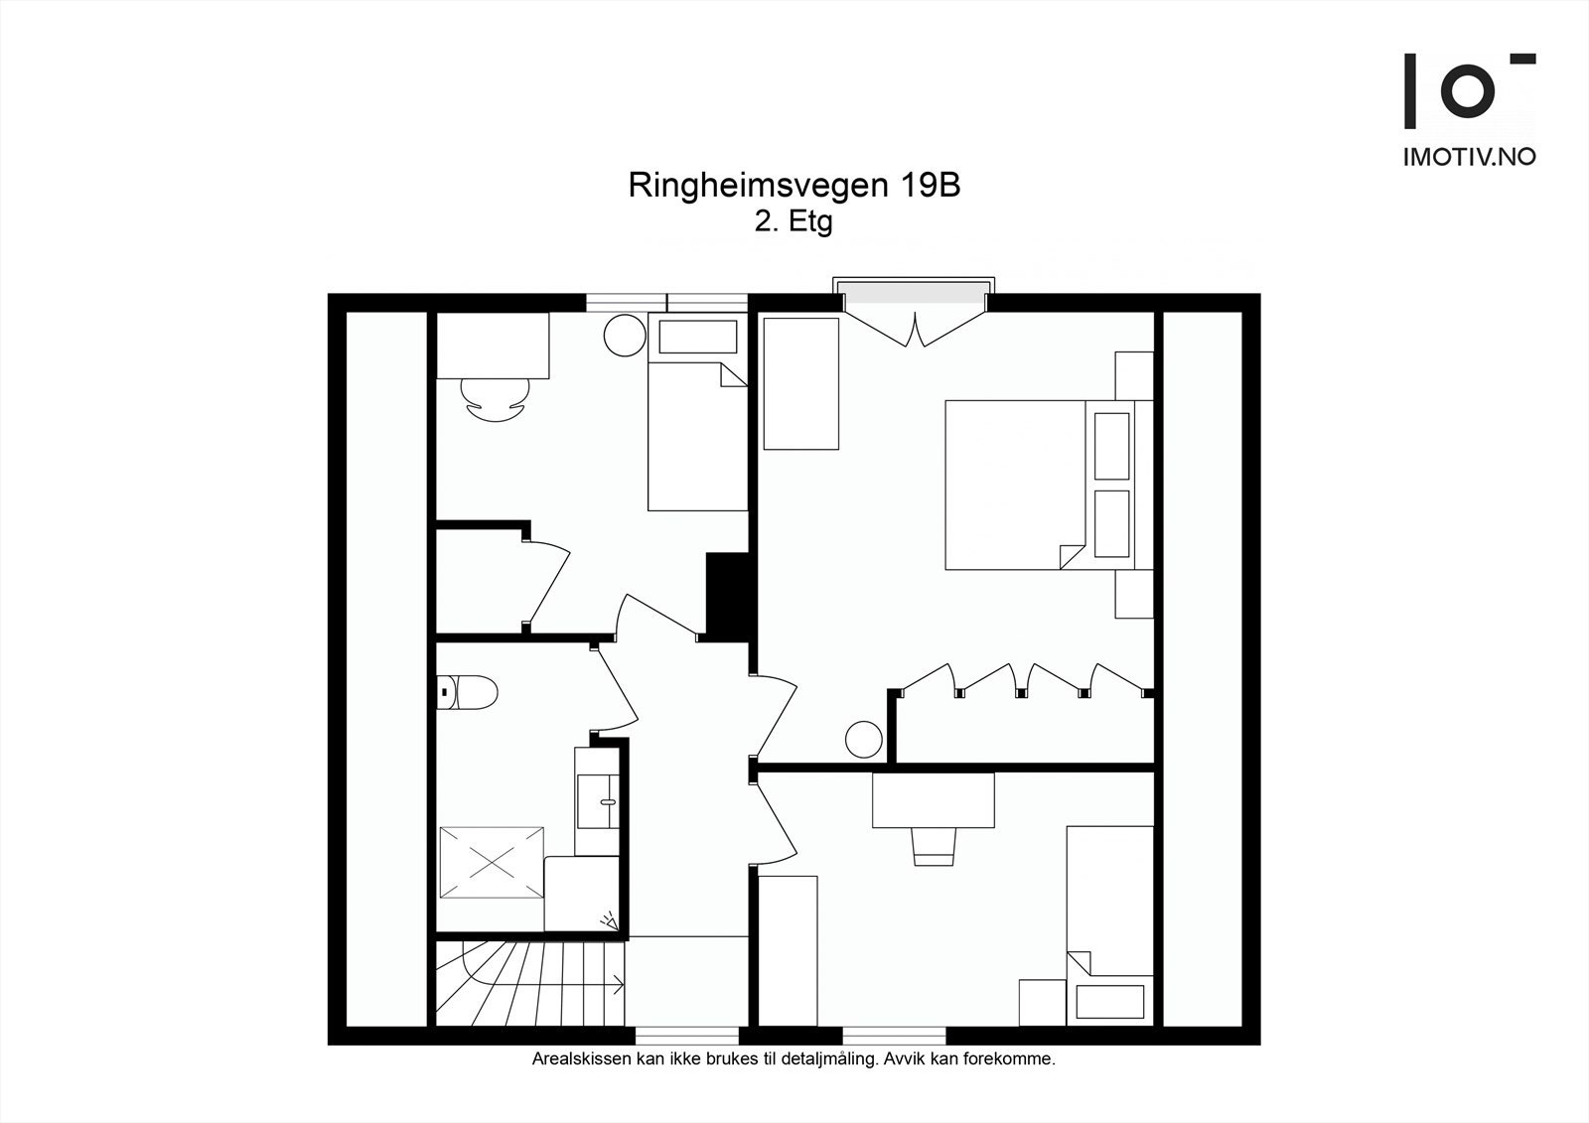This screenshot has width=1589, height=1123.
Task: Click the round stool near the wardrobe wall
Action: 863,740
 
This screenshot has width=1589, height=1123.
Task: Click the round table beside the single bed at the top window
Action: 625,336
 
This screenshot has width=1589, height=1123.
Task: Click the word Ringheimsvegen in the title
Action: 760,186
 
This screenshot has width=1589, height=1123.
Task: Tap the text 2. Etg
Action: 793,221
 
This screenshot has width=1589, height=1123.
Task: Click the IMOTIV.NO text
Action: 1469,157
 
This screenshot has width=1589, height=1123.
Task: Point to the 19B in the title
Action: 931,186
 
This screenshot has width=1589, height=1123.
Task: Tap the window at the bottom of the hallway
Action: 687,1035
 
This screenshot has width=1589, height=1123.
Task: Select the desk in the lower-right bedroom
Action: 934,800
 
